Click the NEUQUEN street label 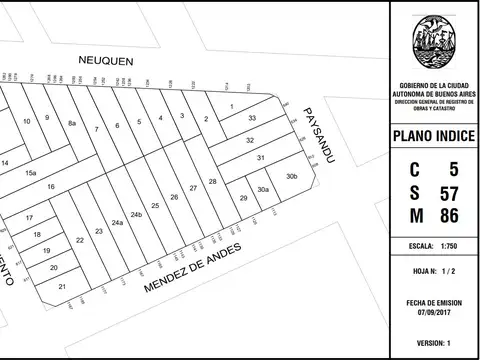(106, 60)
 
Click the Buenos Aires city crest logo (434, 42)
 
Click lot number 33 (253, 119)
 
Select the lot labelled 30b (291, 177)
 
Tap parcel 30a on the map (263, 188)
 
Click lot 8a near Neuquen (72, 123)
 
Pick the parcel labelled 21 (62, 286)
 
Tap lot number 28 (212, 181)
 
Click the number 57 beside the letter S (449, 192)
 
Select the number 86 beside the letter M (449, 216)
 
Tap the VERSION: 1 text (434, 341)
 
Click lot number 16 (50, 187)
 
